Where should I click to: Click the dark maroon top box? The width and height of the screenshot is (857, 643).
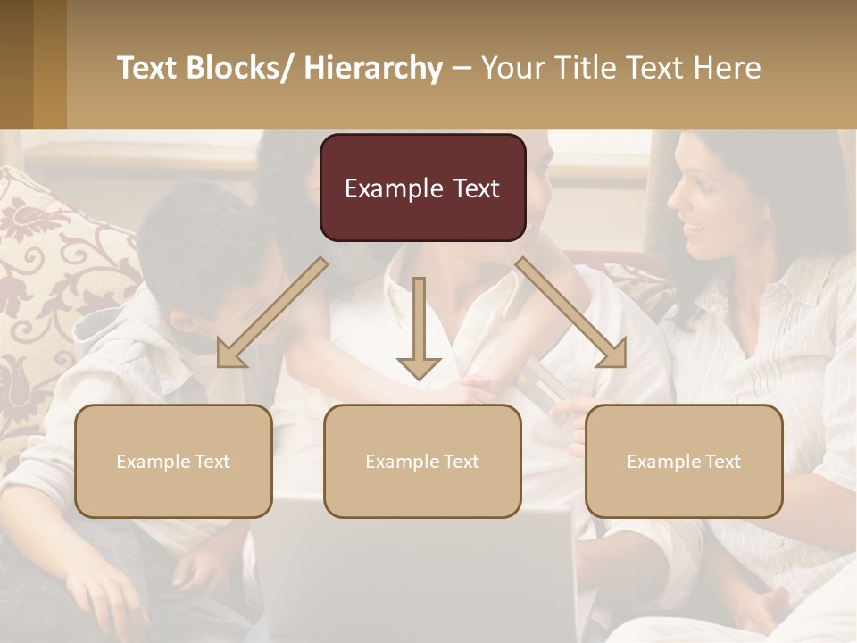pyautogui.click(x=422, y=188)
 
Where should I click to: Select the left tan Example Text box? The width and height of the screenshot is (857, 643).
pyautogui.click(x=173, y=461)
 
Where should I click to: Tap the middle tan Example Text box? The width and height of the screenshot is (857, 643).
pyautogui.click(x=422, y=461)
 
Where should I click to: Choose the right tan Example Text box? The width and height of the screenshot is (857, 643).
pyautogui.click(x=684, y=461)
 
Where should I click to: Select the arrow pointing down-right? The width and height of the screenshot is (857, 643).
pyautogui.click(x=571, y=313)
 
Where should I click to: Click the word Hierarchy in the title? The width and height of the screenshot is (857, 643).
pyautogui.click(x=373, y=68)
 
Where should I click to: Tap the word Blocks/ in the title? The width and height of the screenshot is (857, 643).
pyautogui.click(x=238, y=68)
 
